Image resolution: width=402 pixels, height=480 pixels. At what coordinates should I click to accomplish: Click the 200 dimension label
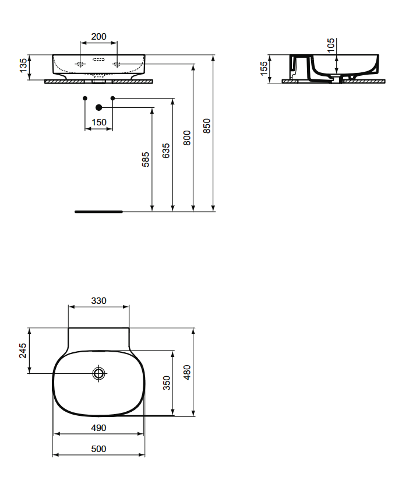click(98, 37)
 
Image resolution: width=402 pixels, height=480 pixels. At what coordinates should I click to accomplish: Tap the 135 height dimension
click(23, 65)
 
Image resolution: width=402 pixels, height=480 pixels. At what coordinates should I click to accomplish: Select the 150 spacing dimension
click(98, 122)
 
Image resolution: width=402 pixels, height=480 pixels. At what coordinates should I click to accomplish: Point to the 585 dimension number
click(146, 159)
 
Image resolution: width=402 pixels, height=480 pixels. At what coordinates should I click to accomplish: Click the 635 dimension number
click(165, 150)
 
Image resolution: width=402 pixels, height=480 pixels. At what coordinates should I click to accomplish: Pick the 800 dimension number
click(186, 138)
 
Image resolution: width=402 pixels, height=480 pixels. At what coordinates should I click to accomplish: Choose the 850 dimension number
click(207, 126)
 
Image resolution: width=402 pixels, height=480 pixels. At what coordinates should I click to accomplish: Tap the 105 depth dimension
click(330, 45)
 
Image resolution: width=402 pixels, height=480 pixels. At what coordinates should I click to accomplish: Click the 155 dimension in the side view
click(263, 69)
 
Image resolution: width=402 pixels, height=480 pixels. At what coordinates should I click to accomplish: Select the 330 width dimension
click(98, 301)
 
